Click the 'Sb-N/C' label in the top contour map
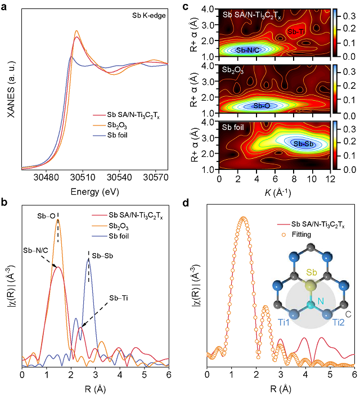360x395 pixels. pos(248,50)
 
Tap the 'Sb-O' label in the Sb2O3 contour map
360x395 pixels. pos(263,105)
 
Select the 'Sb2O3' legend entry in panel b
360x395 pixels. pos(119,225)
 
